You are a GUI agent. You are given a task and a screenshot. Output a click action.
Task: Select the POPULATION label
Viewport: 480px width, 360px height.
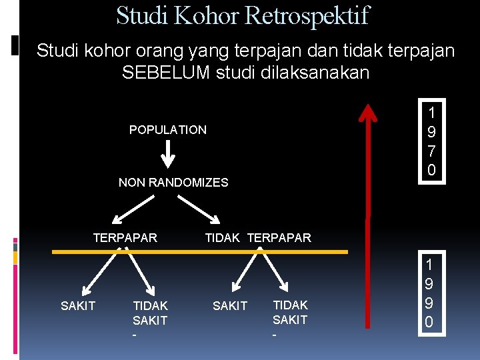pos(168,129)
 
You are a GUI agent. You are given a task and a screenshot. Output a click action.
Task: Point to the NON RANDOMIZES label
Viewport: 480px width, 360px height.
pos(173,183)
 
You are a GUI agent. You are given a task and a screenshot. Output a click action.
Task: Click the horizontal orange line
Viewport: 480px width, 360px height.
pos(200,252)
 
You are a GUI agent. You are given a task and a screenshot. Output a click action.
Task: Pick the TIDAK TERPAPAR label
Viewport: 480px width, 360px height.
pos(258,237)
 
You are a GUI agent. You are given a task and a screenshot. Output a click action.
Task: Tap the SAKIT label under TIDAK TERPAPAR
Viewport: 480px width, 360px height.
pos(230,305)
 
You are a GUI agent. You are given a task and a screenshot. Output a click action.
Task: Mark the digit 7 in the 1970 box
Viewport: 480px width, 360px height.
pos(431,151)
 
